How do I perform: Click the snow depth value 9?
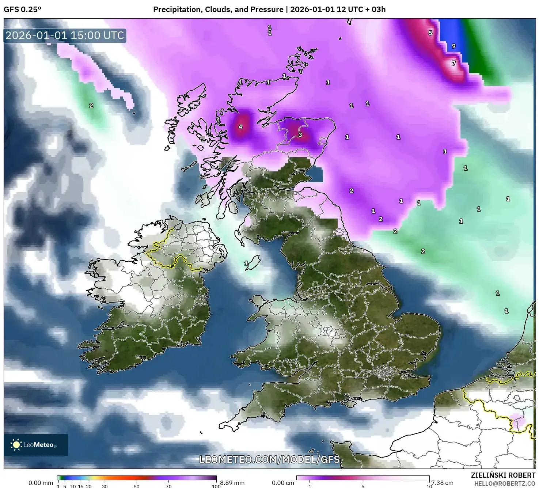pyautogui.click(x=453, y=46)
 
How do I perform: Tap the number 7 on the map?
pyautogui.click(x=453, y=63)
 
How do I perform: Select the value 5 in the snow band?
pyautogui.click(x=430, y=33)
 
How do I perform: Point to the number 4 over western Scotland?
pyautogui.click(x=240, y=126)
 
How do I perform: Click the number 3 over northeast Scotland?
pyautogui.click(x=300, y=135)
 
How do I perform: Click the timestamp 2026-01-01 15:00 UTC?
pyautogui.click(x=65, y=35)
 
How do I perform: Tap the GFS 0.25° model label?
pyautogui.click(x=22, y=10)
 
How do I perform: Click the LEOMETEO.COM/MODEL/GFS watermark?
pyautogui.click(x=269, y=459)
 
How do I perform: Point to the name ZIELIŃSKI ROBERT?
pyautogui.click(x=503, y=475)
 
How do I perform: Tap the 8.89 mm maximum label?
pyautogui.click(x=232, y=483)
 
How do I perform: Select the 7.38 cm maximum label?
pyautogui.click(x=442, y=483)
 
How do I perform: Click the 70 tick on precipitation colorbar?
pyautogui.click(x=168, y=486)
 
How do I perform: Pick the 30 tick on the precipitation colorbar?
pyautogui.click(x=105, y=486)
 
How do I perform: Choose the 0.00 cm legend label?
pyautogui.click(x=283, y=483)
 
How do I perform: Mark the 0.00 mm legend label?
pyautogui.click(x=41, y=483)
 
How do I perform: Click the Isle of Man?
pyautogui.click(x=253, y=262)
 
